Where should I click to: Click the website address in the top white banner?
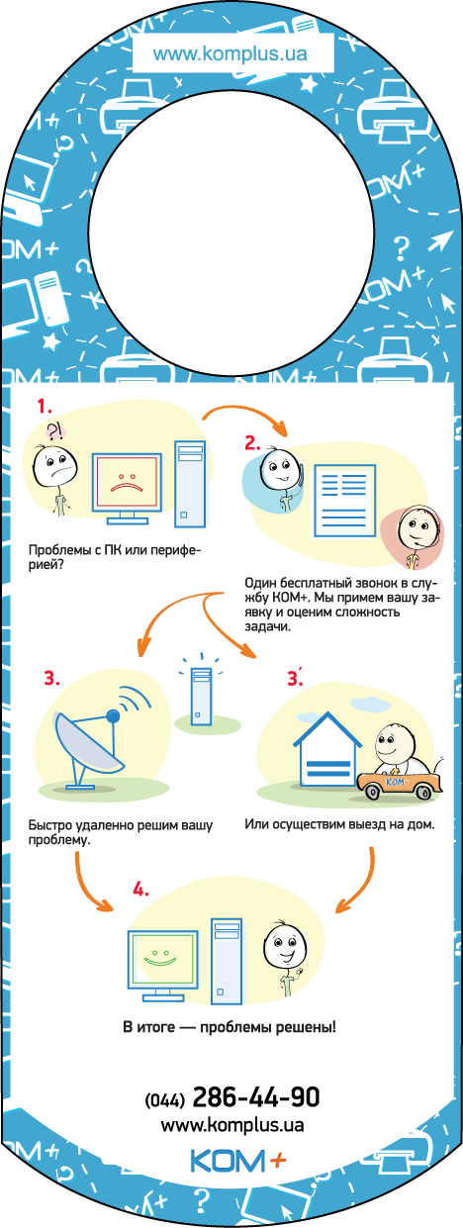(x=231, y=54)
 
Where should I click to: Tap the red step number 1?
(x=45, y=407)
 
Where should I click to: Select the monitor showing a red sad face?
(x=127, y=488)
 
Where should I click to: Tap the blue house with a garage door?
(x=327, y=749)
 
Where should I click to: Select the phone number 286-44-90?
(x=256, y=1097)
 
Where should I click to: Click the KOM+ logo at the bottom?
(x=238, y=1160)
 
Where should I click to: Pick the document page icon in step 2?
(x=344, y=501)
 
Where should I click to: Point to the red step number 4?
(x=140, y=890)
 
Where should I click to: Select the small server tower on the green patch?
(x=200, y=697)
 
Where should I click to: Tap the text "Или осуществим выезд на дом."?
(x=339, y=823)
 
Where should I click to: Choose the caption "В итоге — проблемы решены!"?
(x=230, y=1026)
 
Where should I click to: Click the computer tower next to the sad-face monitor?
(x=190, y=484)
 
